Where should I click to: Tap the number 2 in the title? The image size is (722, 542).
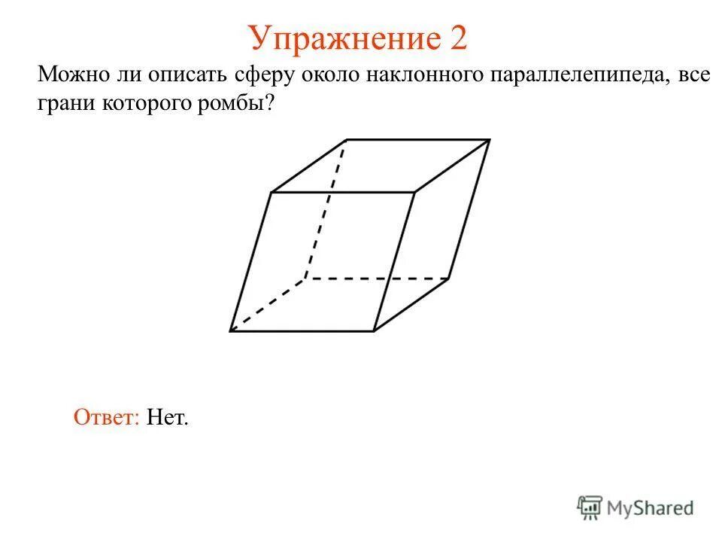[x=458, y=38]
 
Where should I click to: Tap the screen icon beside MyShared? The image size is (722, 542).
[x=590, y=508]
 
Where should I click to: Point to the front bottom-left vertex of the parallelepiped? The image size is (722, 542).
[x=231, y=330]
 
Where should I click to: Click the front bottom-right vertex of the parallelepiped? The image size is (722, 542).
[x=374, y=330]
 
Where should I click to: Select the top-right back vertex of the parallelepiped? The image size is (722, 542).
[x=490, y=140]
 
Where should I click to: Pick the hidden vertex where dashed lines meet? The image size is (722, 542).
[x=305, y=279]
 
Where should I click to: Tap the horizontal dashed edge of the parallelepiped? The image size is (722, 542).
[x=376, y=279]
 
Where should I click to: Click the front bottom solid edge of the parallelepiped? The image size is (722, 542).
[x=301, y=330]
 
